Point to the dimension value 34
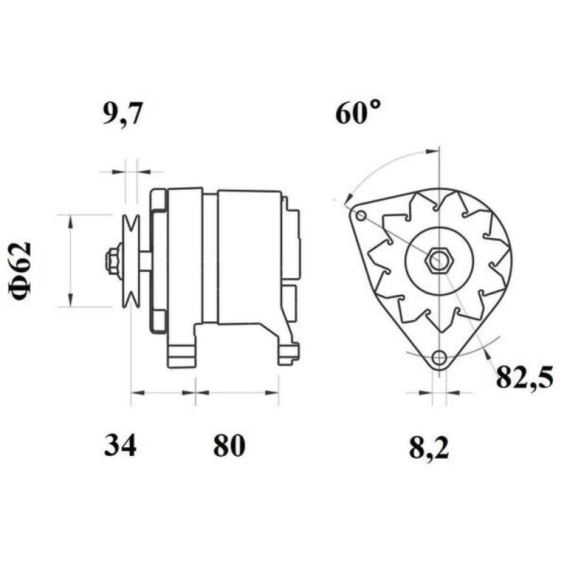tap(120, 446)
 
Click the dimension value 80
tap(228, 446)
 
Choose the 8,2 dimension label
tap(430, 447)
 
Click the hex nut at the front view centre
tap(436, 260)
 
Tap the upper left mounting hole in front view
tap(361, 215)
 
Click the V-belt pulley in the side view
tap(130, 261)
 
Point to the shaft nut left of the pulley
tap(112, 261)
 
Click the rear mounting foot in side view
tap(287, 351)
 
